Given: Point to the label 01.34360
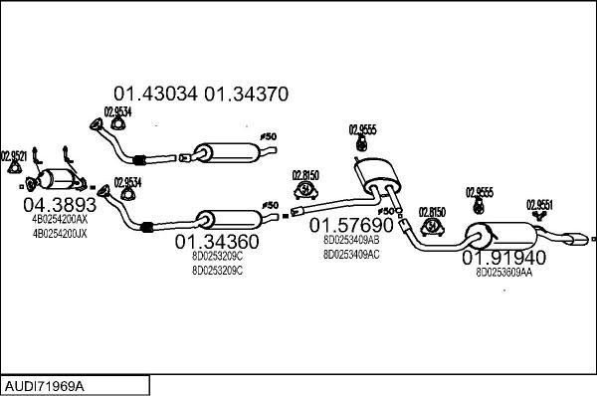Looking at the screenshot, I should (x=217, y=242).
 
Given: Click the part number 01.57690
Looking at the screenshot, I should (x=351, y=225).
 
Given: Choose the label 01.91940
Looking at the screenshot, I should (x=503, y=258).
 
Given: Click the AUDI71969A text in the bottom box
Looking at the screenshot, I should (x=45, y=385).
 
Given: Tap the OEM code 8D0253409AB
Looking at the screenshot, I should (x=351, y=240).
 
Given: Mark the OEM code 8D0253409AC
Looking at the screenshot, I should (x=351, y=254).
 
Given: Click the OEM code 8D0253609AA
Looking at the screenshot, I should (x=503, y=273).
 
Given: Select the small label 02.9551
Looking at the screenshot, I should (x=539, y=205).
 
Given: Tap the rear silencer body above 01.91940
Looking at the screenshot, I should (x=502, y=236).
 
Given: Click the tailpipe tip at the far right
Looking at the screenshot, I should (x=575, y=239).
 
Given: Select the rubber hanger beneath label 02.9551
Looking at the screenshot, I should (x=541, y=217).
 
